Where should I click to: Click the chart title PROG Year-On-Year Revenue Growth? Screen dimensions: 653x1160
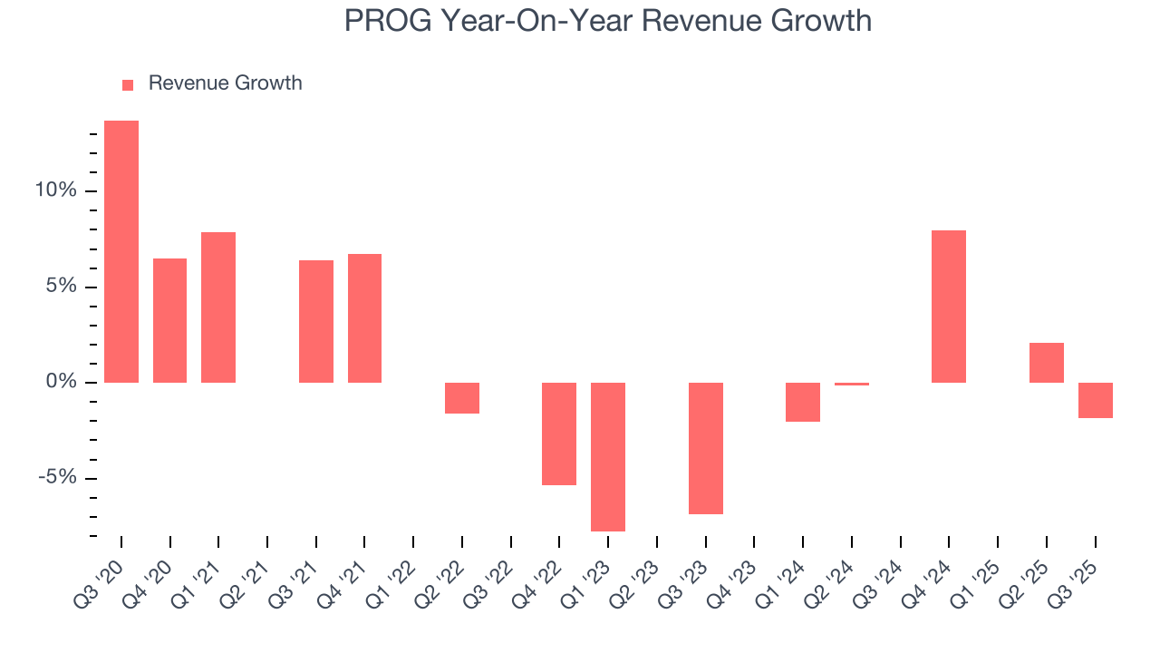607,20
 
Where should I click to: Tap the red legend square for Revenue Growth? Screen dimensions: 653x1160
128,84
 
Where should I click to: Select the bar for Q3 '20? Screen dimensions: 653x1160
121,251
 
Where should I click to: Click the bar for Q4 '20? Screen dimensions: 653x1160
169,320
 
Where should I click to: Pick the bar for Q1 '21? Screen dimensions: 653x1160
218,307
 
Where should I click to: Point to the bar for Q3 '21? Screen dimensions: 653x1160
316,321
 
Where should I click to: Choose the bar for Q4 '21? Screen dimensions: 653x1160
364,318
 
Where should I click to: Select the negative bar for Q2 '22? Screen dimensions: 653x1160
462,398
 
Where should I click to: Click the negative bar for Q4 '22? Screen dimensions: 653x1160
559,434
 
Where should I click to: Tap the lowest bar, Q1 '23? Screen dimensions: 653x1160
608,456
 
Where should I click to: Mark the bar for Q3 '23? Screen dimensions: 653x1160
706,448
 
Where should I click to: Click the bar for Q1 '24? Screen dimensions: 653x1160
803,402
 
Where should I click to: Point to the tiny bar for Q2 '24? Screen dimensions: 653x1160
852,384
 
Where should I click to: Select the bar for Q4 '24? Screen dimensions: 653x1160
949,307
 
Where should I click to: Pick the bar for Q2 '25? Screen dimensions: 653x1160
1047,363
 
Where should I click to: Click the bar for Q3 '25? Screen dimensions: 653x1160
1095,400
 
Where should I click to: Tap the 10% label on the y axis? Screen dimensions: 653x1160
56,191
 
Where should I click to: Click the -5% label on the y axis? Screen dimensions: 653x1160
56,479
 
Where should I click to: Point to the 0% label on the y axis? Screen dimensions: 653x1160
62,383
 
